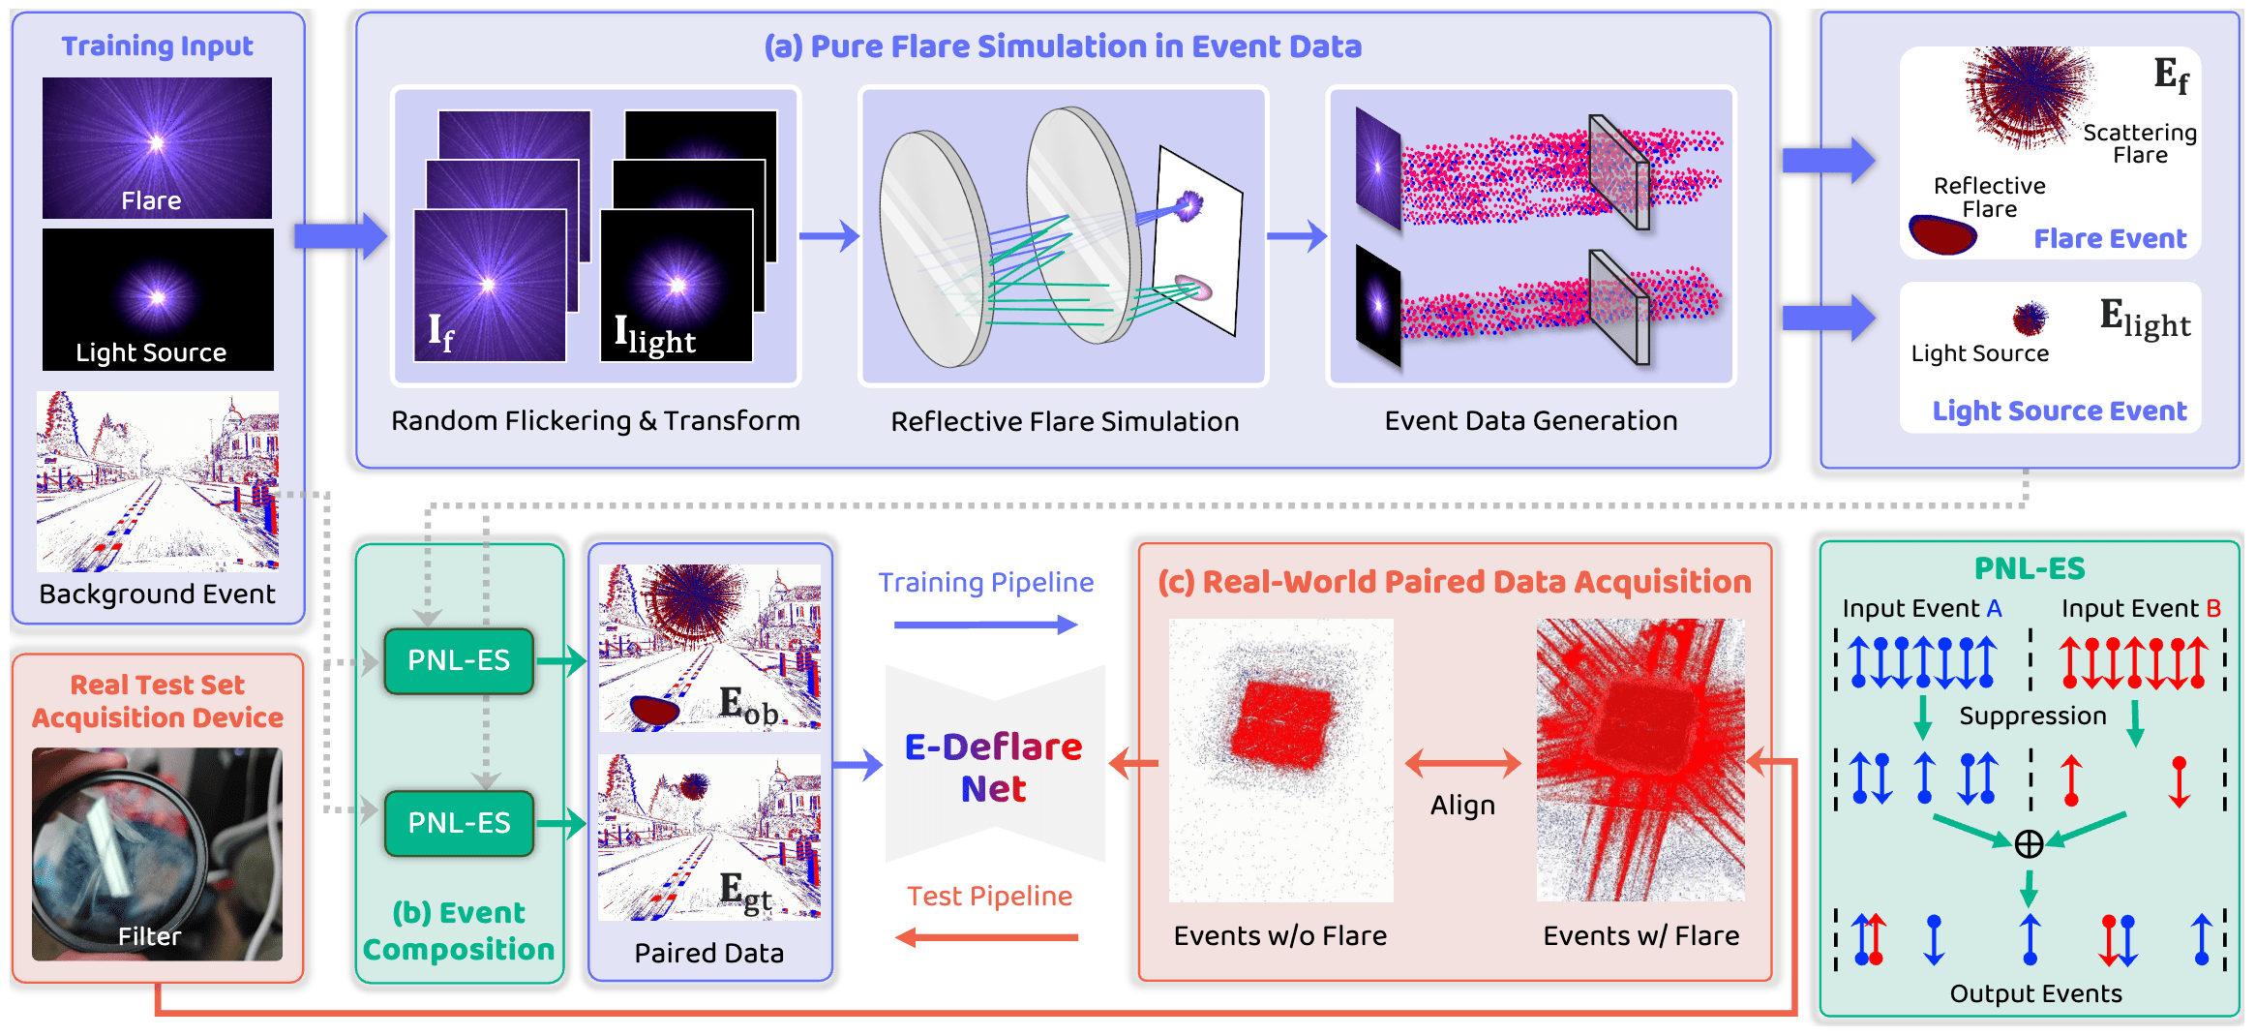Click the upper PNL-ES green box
click(459, 660)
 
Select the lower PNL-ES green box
click(459, 823)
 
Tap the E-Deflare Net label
click(994, 767)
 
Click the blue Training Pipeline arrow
click(985, 625)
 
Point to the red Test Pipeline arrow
click(986, 936)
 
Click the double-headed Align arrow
click(1462, 764)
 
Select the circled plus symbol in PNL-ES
click(2029, 844)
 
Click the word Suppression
click(2032, 716)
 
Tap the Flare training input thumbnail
click(157, 147)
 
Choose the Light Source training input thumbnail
click(157, 299)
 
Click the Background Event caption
click(157, 594)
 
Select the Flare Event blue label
click(2110, 238)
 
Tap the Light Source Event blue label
click(2059, 411)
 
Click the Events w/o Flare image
click(1280, 760)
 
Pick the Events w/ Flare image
click(1640, 760)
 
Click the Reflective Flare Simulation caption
click(1065, 421)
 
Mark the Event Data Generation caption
click(1530, 420)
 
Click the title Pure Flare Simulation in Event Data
click(1063, 46)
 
